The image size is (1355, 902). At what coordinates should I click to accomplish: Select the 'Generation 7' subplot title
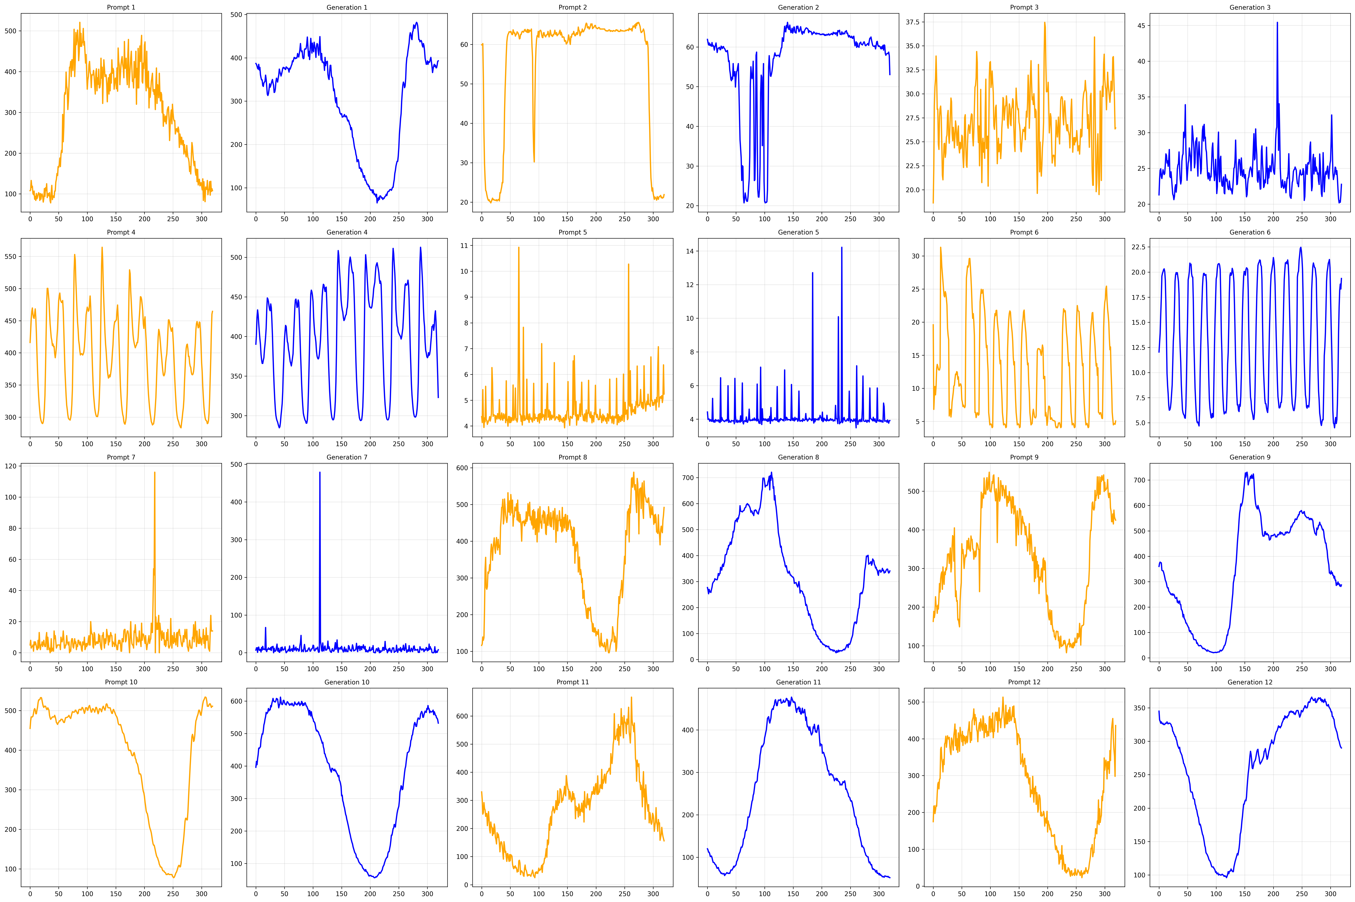coord(347,457)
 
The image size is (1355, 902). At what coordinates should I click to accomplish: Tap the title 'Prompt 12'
coord(1024,682)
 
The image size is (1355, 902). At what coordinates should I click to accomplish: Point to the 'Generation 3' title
coord(1250,7)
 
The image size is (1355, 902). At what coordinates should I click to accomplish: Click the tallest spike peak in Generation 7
coord(320,472)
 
